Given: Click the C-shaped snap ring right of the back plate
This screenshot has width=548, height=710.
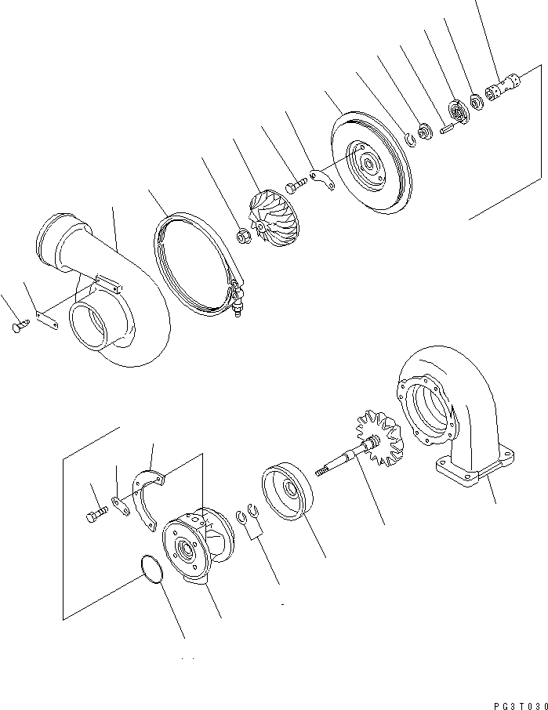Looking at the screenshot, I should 409,141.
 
